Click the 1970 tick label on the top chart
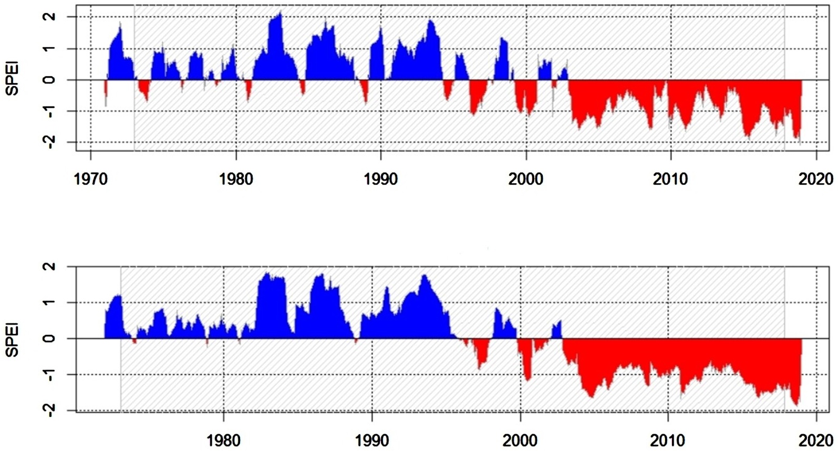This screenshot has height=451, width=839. point(90,179)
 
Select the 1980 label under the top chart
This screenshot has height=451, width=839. point(236,179)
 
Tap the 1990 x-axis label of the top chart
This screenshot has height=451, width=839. point(381,179)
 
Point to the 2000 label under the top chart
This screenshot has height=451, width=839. point(526,179)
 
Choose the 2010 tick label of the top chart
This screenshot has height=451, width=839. point(671,179)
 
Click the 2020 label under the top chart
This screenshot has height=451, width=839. point(816,179)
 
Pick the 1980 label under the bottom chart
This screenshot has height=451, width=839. point(224,440)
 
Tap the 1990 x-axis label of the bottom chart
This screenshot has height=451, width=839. point(372,440)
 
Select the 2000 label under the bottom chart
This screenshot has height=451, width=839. point(520,440)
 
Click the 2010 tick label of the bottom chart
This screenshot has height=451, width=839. point(668,440)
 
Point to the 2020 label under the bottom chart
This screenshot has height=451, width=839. point(816,440)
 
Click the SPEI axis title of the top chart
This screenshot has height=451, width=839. point(13,80)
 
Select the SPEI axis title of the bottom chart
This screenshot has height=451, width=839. point(13,340)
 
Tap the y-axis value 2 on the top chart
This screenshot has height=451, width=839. point(51,17)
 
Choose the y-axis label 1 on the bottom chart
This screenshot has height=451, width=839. point(51,302)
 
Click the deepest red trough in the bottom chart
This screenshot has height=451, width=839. point(796,405)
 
